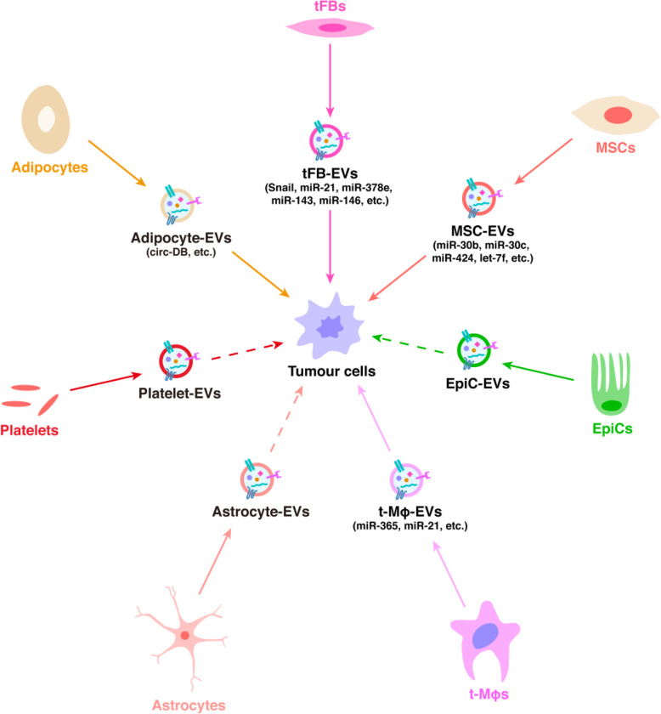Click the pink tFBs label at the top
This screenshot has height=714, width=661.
(x=330, y=8)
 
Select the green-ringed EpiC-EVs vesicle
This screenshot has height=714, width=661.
(x=474, y=348)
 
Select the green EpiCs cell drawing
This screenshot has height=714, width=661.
(x=611, y=380)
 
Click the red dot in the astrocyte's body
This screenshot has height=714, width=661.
(x=184, y=635)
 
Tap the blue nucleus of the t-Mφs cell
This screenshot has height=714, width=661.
(x=487, y=635)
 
